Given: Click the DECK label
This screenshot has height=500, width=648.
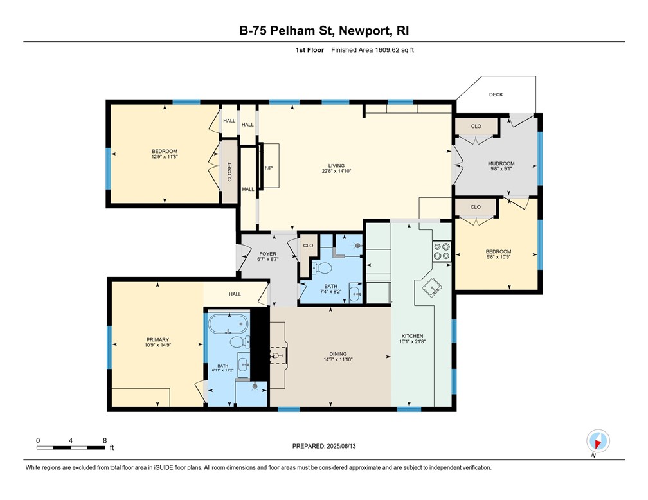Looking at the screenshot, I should click(x=496, y=94).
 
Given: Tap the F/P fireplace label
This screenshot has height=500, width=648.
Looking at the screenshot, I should click(x=269, y=168).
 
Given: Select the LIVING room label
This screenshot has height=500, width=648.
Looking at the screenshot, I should click(x=337, y=165).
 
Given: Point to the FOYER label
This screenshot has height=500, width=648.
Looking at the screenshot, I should click(x=267, y=254).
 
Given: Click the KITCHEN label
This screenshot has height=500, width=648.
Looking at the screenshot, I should click(x=411, y=336).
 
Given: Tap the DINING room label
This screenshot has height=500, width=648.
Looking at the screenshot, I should click(x=337, y=353).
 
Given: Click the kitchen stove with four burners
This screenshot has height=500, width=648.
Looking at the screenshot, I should click(x=441, y=250).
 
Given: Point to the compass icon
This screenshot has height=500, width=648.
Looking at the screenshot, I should click(x=598, y=442).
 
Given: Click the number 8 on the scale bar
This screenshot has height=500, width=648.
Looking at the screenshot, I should click(x=105, y=440).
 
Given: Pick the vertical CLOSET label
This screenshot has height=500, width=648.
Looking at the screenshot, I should click(x=229, y=172).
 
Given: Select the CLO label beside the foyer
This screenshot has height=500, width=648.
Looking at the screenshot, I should click(x=308, y=246).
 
